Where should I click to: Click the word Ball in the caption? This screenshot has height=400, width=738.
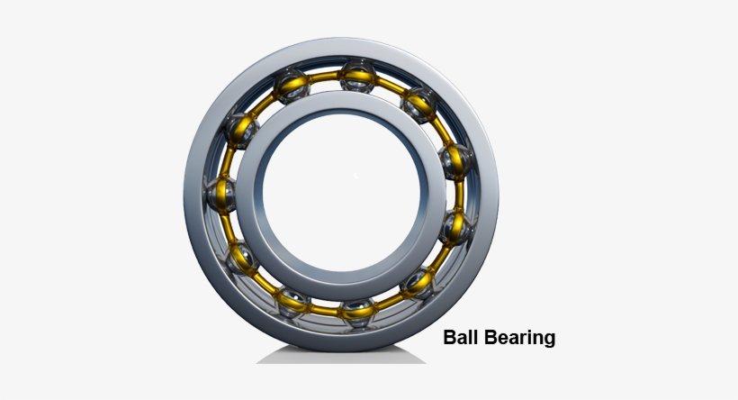click(460, 338)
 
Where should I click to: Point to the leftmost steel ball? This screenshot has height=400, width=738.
click(220, 194)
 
